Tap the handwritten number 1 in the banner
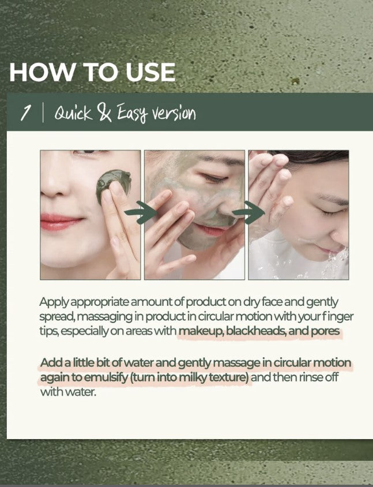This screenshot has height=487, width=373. point(25,113)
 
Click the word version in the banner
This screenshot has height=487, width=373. point(176,114)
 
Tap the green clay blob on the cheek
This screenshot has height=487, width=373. point(113,185)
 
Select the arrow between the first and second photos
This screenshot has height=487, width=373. point(141,212)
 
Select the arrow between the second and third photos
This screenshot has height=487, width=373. point(248,212)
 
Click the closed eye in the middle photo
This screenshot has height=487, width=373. point(213,178)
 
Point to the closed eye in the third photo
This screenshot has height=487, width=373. point(330,212)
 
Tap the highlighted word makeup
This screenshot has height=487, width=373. point(201,331)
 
